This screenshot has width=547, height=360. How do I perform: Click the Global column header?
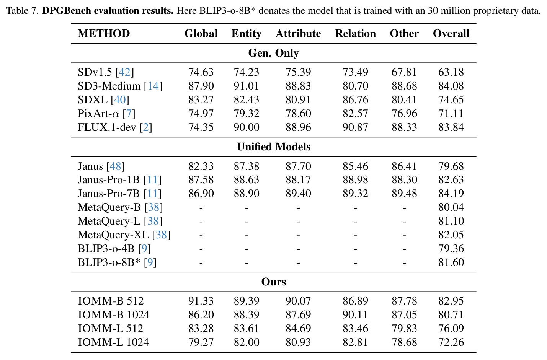[201, 33]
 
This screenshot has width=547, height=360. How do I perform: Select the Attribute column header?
[298, 33]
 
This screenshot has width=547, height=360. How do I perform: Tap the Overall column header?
[451, 33]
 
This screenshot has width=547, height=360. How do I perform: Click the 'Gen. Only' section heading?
[273, 53]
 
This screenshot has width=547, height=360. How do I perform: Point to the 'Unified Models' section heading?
[273, 147]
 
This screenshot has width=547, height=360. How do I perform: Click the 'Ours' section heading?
[273, 282]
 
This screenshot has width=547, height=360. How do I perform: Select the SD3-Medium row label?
[120, 86]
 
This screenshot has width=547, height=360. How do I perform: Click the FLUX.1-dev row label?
[115, 127]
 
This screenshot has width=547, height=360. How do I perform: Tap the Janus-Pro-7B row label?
[120, 193]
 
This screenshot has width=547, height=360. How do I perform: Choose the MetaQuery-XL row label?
[124, 235]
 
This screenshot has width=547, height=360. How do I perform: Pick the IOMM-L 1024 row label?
[113, 342]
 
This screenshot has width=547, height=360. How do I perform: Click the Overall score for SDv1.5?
[451, 72]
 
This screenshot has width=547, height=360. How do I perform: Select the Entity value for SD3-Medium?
[247, 86]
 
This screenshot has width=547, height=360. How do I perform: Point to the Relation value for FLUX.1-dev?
[355, 127]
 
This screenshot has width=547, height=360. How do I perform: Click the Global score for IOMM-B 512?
[201, 301]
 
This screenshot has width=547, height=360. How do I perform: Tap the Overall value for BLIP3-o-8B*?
[451, 262]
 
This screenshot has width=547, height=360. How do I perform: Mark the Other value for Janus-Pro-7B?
[404, 193]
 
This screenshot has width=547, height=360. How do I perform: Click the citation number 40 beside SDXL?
[120, 99]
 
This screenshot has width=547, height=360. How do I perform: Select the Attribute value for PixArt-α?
[298, 114]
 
